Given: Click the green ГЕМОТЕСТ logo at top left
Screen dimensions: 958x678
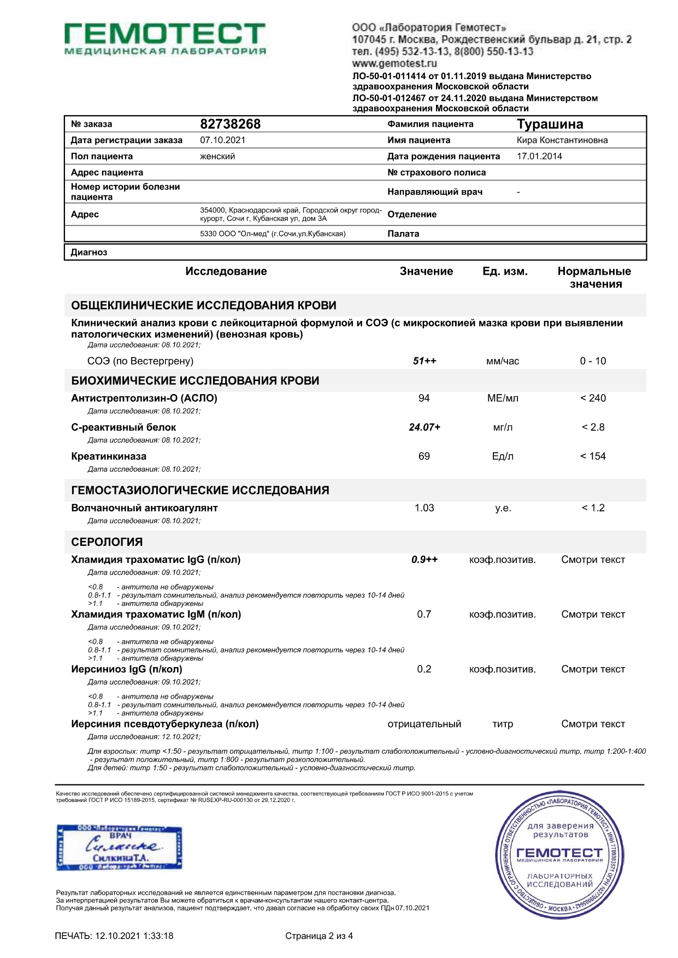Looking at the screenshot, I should click(x=164, y=38).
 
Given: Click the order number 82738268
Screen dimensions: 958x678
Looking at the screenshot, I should click(x=230, y=124).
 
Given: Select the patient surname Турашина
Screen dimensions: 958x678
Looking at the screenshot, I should click(x=550, y=124).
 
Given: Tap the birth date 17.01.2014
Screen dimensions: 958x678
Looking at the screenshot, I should click(x=539, y=156).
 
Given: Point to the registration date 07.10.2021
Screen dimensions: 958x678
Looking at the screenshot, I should click(x=222, y=140).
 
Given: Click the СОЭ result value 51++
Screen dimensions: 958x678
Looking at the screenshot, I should click(x=425, y=361).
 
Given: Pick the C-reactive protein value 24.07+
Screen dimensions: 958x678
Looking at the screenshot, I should click(x=425, y=427).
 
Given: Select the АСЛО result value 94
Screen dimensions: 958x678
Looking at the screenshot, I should click(x=424, y=398).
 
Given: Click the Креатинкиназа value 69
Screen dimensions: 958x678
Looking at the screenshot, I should click(x=424, y=456).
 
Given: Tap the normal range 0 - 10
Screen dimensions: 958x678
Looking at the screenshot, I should click(x=593, y=361).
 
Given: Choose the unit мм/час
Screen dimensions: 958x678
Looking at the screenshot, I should click(x=503, y=361).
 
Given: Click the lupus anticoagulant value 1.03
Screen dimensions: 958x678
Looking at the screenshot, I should click(x=424, y=508).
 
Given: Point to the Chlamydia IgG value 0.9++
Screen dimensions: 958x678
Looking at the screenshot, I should click(x=425, y=560).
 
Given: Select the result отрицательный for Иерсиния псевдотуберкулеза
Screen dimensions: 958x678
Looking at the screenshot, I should click(x=424, y=724).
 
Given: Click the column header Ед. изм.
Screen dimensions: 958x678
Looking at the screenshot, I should click(x=505, y=271).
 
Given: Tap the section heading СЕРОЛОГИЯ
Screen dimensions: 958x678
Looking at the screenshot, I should click(x=107, y=542).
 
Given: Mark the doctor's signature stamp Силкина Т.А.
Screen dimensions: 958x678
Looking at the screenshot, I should click(x=119, y=847).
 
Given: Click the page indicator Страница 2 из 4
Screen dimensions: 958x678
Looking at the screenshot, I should click(x=319, y=936).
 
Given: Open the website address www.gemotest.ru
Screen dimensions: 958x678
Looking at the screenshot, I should click(x=394, y=63).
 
